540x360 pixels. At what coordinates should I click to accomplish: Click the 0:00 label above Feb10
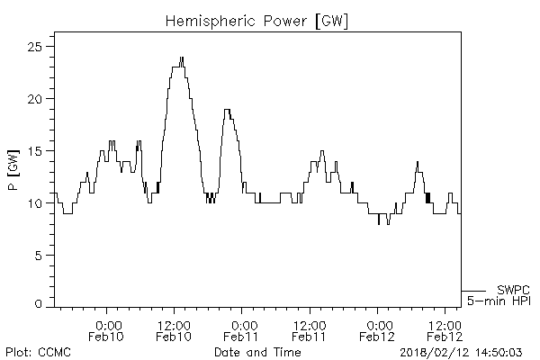107,325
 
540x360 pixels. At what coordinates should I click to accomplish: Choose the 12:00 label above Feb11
309,325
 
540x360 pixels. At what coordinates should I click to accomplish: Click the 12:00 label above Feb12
445,325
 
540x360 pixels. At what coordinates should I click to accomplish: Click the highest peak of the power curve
181,59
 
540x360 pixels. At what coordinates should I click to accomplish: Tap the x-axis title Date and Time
256,350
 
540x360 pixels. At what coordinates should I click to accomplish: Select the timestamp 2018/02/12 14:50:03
466,350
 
